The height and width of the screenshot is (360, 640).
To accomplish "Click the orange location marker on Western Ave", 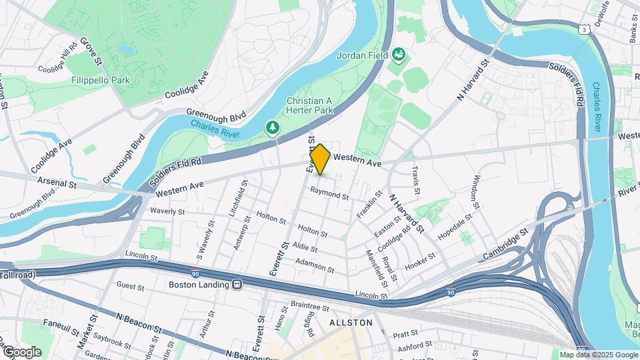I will (x=320, y=159).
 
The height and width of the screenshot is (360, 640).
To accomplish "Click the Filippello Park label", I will (x=101, y=80).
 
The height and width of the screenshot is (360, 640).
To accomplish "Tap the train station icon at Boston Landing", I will (x=237, y=284).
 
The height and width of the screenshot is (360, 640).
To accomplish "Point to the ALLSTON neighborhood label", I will (x=351, y=323).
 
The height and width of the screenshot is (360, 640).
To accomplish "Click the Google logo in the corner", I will (x=21, y=351).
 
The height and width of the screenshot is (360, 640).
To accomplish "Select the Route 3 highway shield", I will (x=584, y=30).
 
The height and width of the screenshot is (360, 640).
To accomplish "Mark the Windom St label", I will (x=475, y=189).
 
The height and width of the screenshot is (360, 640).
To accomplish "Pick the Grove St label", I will (x=91, y=51).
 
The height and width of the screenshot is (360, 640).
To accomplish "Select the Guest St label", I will (x=130, y=287).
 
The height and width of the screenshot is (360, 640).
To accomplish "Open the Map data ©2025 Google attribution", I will (x=598, y=355).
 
